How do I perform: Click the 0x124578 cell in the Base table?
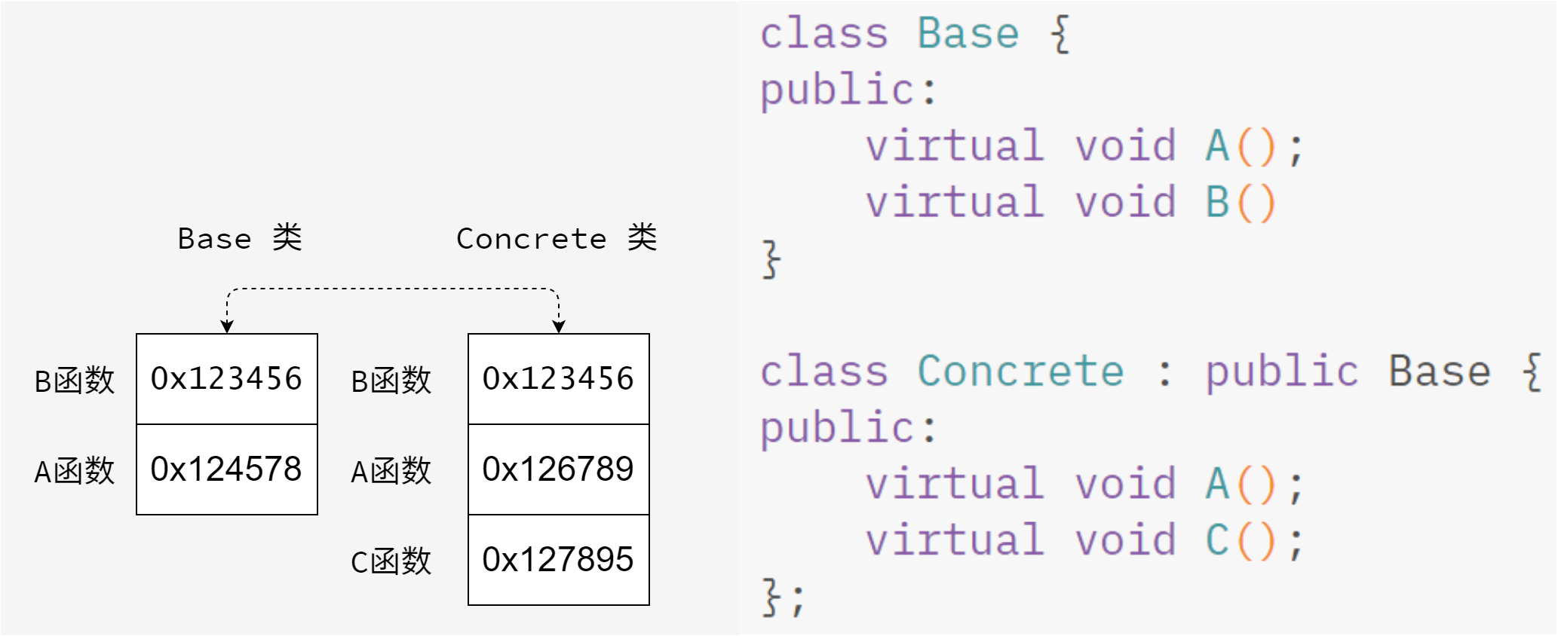(226, 469)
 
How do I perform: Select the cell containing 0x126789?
(558, 469)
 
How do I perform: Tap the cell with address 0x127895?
(558, 560)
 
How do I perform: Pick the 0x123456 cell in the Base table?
(226, 378)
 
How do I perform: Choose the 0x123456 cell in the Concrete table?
(558, 378)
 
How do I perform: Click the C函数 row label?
(391, 561)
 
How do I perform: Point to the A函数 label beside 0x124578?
(74, 471)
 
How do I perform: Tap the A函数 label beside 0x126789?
(391, 471)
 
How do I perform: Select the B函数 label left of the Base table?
(74, 381)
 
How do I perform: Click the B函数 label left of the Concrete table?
(391, 381)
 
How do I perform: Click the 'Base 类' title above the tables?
(240, 238)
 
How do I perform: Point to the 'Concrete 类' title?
(557, 238)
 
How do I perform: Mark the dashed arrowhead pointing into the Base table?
(227, 327)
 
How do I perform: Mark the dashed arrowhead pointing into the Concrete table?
(559, 327)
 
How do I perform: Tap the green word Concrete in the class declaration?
(1020, 371)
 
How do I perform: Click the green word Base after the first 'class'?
(968, 34)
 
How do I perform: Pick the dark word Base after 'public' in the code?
(1440, 371)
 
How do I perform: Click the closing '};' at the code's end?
(783, 598)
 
